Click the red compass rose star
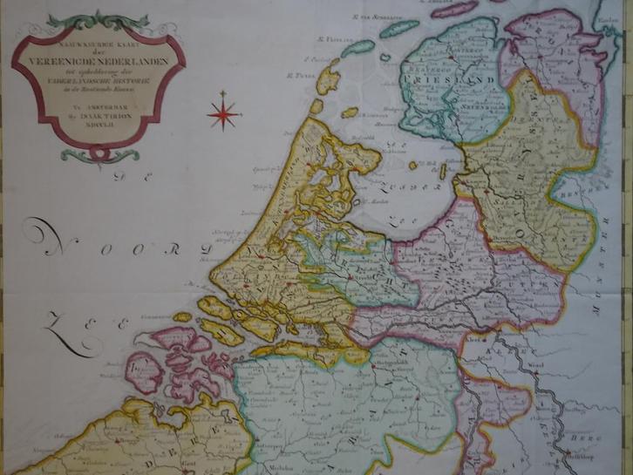coord(224,112)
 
